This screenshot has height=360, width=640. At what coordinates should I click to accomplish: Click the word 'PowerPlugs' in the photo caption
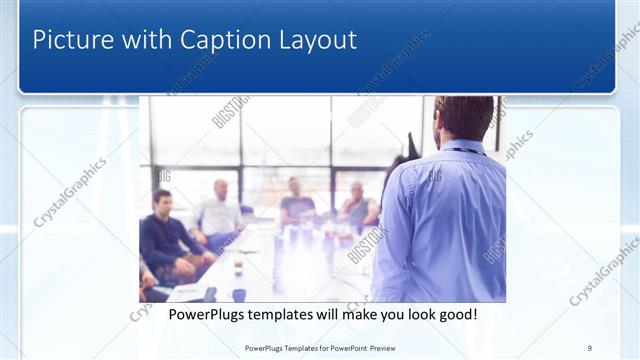(x=204, y=315)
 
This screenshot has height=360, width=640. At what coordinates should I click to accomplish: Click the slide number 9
(x=590, y=348)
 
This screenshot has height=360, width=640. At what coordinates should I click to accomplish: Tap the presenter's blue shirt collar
(x=462, y=148)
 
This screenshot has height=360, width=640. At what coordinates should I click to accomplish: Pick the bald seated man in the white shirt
(x=220, y=211)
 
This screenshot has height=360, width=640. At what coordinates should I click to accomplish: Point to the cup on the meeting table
(x=238, y=268)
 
